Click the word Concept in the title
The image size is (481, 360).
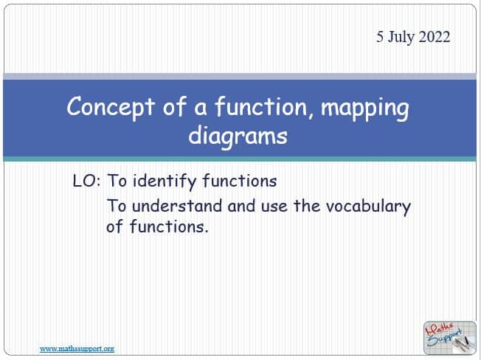click(x=110, y=108)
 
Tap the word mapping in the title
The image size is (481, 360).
click(x=364, y=109)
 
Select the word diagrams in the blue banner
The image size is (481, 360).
click(x=238, y=136)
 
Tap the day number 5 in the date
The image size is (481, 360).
click(x=380, y=37)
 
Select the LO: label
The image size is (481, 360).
click(x=86, y=181)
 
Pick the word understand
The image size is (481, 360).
click(x=177, y=206)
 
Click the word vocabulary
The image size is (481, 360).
click(x=368, y=207)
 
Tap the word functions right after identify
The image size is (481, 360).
click(x=239, y=181)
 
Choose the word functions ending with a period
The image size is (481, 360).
click(x=169, y=226)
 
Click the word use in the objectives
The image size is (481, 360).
click(x=274, y=207)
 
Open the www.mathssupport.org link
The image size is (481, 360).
click(x=77, y=349)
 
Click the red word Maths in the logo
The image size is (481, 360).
click(x=440, y=330)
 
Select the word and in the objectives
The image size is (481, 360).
click(x=241, y=206)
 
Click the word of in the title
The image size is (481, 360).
click(x=174, y=106)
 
